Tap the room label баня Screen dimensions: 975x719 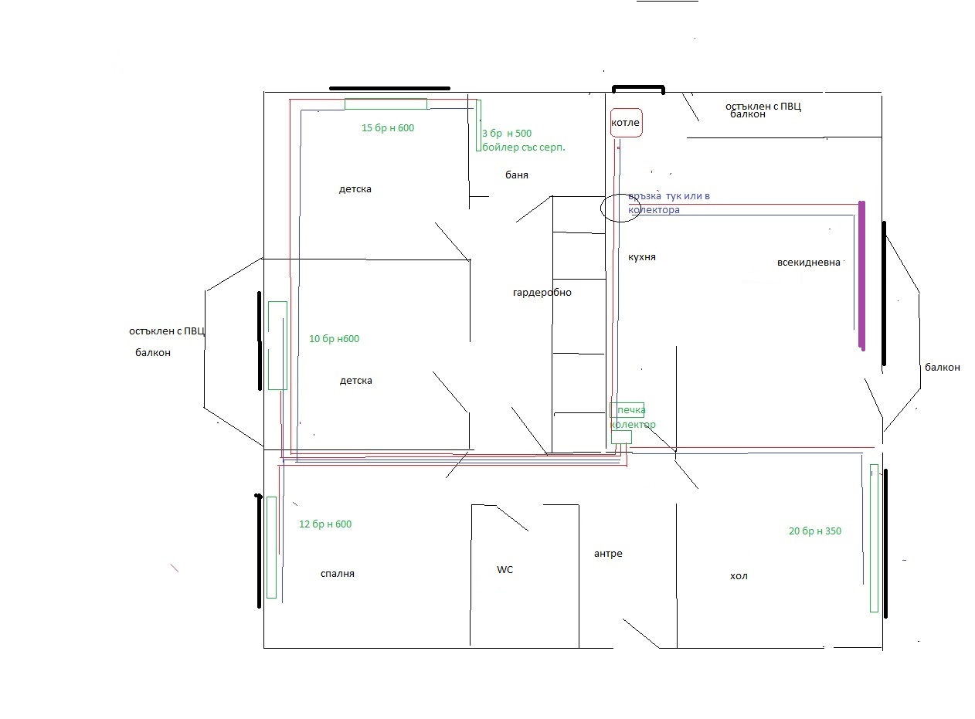pos(517,175)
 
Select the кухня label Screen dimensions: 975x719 pos(641,257)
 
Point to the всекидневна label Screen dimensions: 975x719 pos(808,263)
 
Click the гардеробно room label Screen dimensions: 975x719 pos(542,293)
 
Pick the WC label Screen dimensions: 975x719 pos(505,570)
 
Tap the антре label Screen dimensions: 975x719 pos(608,554)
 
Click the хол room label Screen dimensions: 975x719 pos(739,576)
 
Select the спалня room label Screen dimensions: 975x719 pos(338,574)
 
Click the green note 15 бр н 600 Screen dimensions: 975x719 pos(387,128)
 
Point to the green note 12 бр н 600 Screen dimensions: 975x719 pos(325,524)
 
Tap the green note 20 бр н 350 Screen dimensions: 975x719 pos(815,531)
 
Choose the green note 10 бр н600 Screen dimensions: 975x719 pos(334,338)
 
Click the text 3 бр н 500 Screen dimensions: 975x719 pos(507,133)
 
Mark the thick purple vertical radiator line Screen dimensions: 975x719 pos(862,276)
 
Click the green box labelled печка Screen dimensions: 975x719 pos(627,410)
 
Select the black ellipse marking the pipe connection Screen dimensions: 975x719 pos(600,208)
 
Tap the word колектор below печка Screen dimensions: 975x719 pos(633,425)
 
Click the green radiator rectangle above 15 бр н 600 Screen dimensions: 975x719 pos(386,104)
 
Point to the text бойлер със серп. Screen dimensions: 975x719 pos(523,148)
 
